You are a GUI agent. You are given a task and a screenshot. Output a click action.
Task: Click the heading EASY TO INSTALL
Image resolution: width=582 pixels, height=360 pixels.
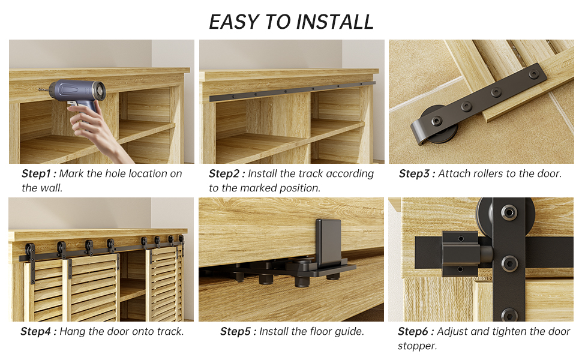point(291,22)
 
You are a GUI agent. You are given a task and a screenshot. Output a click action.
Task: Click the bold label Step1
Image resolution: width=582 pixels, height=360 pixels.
point(39,173)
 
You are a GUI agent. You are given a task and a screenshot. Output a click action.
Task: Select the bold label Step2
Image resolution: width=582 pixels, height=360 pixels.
point(226,173)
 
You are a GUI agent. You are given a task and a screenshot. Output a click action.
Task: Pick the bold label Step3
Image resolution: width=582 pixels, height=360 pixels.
point(416,173)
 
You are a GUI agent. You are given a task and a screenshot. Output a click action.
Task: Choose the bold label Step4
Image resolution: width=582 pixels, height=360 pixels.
point(38,331)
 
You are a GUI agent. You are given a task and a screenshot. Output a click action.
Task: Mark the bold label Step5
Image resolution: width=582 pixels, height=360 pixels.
point(238,331)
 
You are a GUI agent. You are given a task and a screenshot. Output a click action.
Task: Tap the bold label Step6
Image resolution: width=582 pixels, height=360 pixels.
point(415,331)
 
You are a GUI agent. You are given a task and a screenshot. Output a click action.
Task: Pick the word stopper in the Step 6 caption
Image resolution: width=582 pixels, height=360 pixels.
point(416,346)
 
